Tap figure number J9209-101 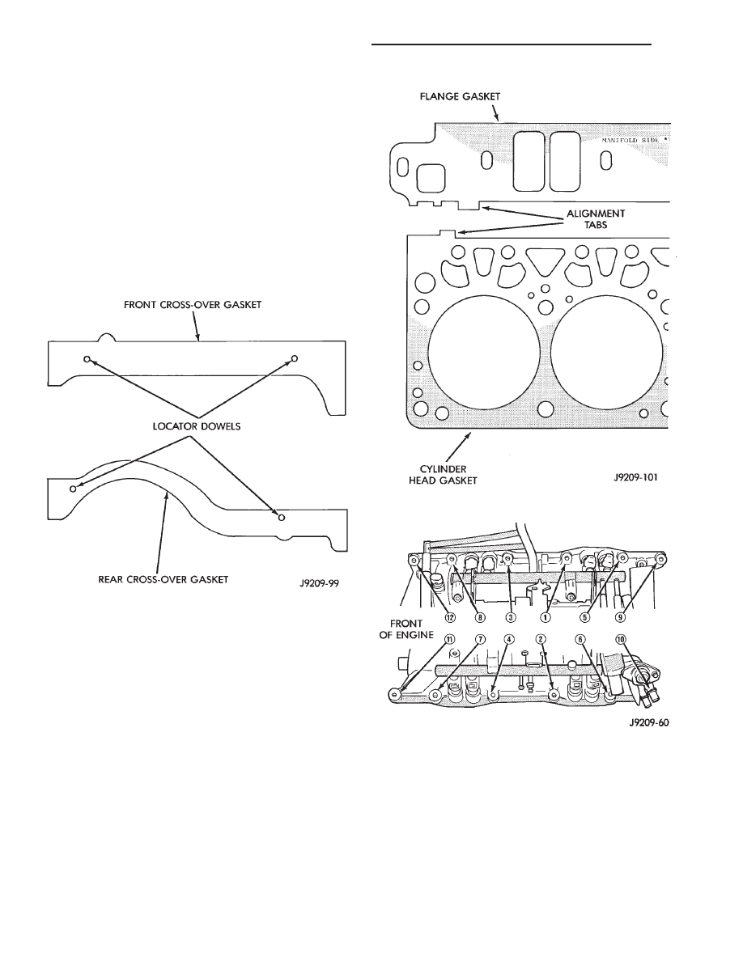click(x=636, y=478)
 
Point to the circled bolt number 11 click(x=447, y=639)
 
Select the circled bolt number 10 click(x=621, y=639)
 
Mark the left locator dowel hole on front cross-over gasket click(x=87, y=358)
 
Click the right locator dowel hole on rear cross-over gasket click(x=281, y=515)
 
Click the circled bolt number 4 click(x=508, y=639)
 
